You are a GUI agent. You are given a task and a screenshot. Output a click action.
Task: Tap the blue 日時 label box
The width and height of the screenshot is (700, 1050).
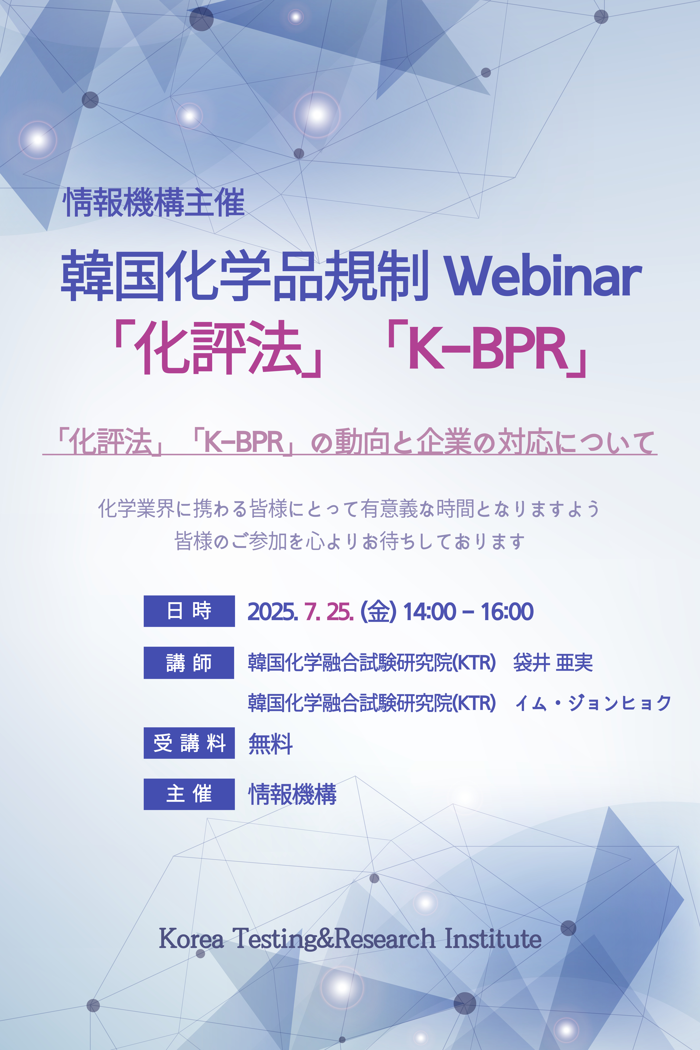(189, 611)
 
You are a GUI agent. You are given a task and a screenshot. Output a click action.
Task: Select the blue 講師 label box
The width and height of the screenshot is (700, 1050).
(189, 663)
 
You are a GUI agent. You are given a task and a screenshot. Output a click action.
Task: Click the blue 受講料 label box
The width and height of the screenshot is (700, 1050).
(189, 743)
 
